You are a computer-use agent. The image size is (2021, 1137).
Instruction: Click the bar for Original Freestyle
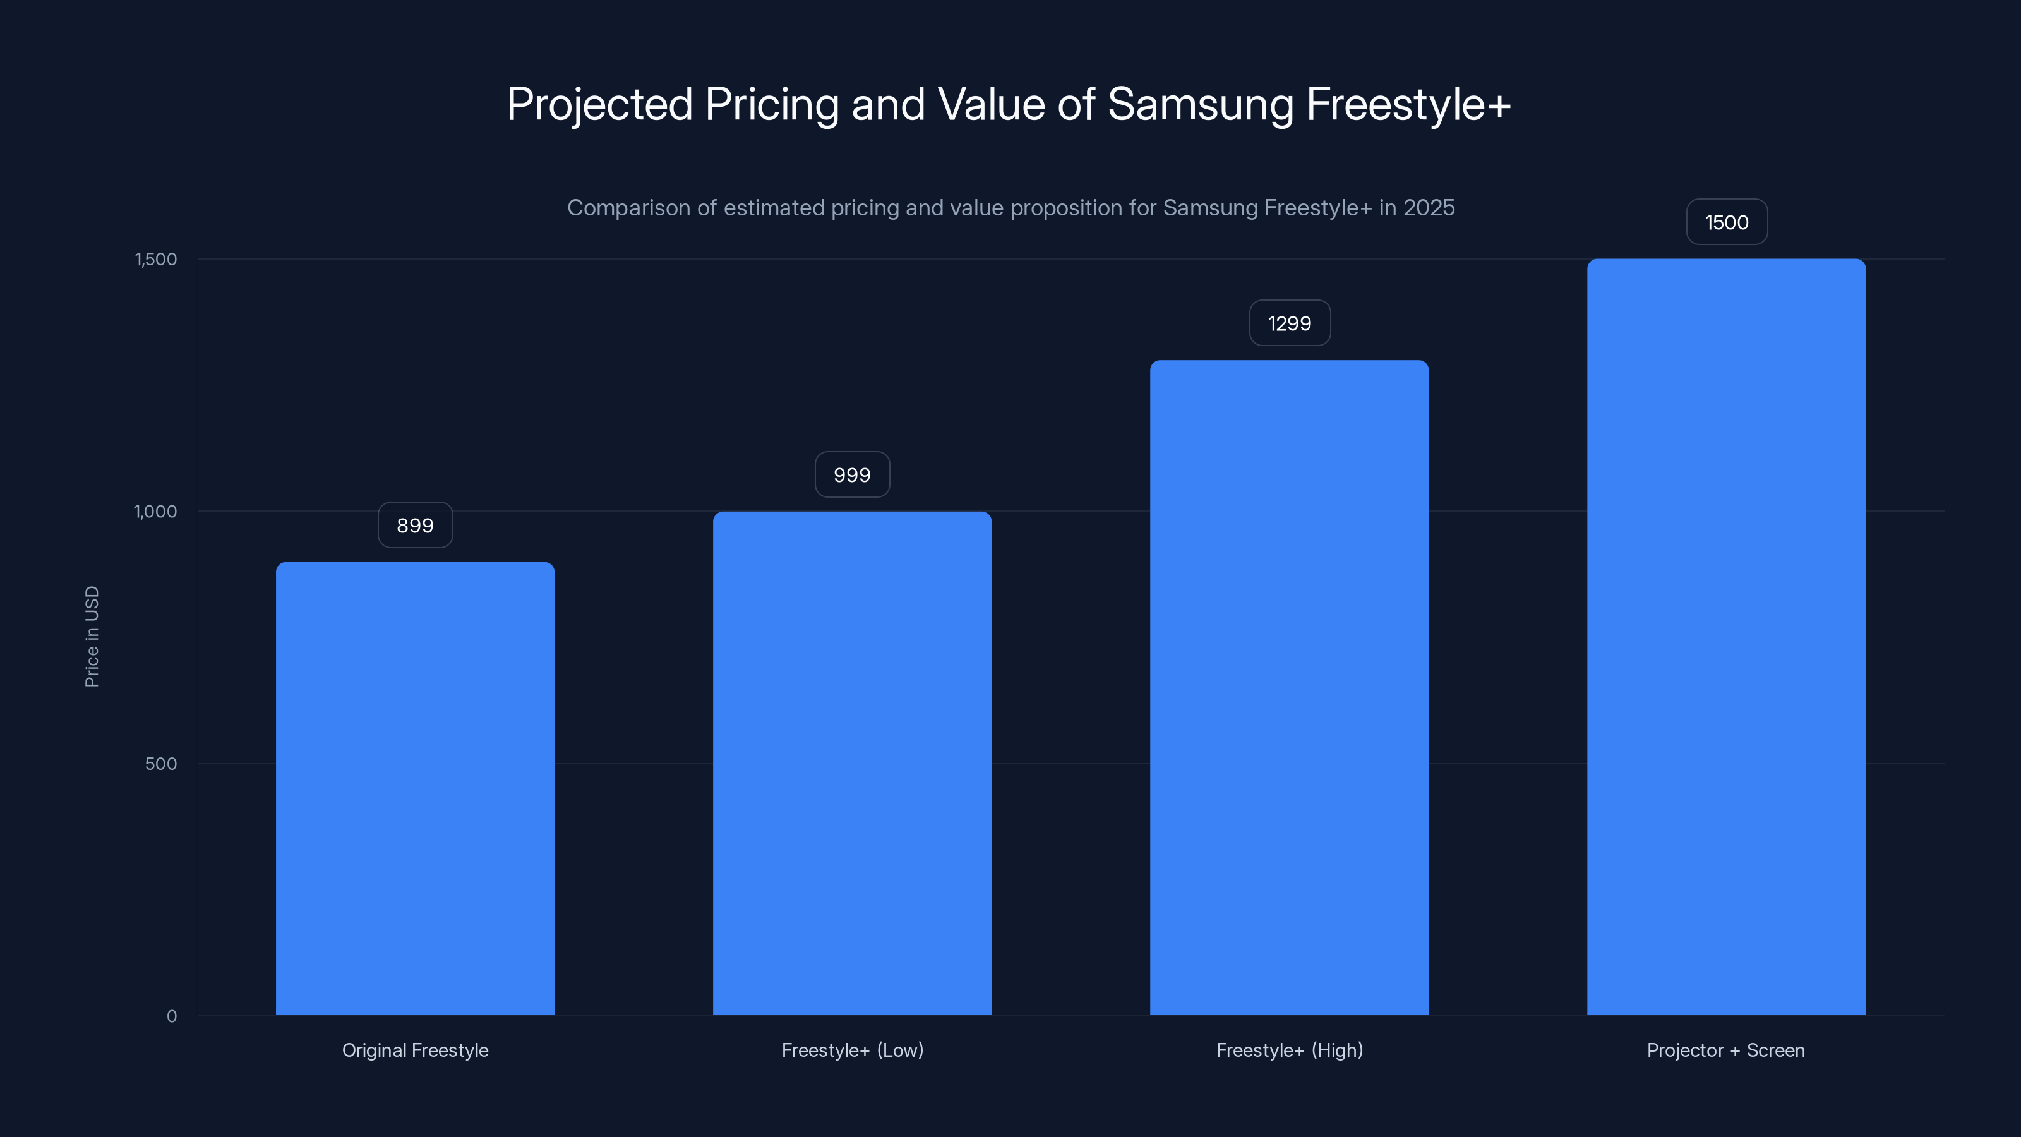pyautogui.click(x=415, y=788)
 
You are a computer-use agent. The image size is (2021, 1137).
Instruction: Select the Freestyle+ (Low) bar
pyautogui.click(x=852, y=764)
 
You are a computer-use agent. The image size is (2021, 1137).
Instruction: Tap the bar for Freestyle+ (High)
pyautogui.click(x=1289, y=687)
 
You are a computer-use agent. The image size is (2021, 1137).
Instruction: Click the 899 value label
pyautogui.click(x=415, y=525)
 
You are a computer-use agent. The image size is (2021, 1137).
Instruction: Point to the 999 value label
pyautogui.click(x=852, y=475)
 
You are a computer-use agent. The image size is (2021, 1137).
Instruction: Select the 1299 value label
pyautogui.click(x=1289, y=323)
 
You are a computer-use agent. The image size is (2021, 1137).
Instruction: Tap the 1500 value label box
pyautogui.click(x=1726, y=222)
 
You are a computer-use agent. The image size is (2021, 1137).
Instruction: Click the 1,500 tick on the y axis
pyautogui.click(x=156, y=259)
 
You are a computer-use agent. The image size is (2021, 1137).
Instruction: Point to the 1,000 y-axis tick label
pyautogui.click(x=155, y=512)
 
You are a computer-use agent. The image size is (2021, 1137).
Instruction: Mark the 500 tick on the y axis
pyautogui.click(x=161, y=764)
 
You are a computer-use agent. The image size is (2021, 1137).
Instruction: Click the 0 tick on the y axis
pyautogui.click(x=172, y=1016)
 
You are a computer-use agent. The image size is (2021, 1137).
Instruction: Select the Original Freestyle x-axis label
pyautogui.click(x=415, y=1050)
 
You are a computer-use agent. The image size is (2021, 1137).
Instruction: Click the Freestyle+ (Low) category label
pyautogui.click(x=852, y=1050)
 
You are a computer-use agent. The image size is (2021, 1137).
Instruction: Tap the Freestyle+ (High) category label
pyautogui.click(x=1289, y=1050)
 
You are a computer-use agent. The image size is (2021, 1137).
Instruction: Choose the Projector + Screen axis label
pyautogui.click(x=1726, y=1050)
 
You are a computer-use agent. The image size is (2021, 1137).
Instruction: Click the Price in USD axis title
pyautogui.click(x=92, y=636)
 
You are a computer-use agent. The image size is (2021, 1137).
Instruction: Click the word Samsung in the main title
pyautogui.click(x=1199, y=104)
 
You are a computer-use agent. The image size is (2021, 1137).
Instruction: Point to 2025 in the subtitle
pyautogui.click(x=1429, y=208)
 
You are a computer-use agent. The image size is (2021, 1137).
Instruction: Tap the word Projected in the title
pyautogui.click(x=599, y=104)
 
